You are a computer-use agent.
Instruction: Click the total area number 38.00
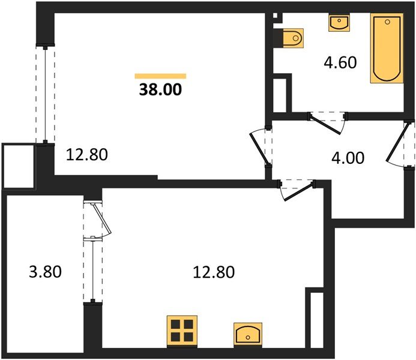[x=160, y=90]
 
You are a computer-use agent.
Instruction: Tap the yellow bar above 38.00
[x=160, y=76]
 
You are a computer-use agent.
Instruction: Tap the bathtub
[x=385, y=49]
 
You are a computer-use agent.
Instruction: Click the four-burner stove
[x=181, y=331]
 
